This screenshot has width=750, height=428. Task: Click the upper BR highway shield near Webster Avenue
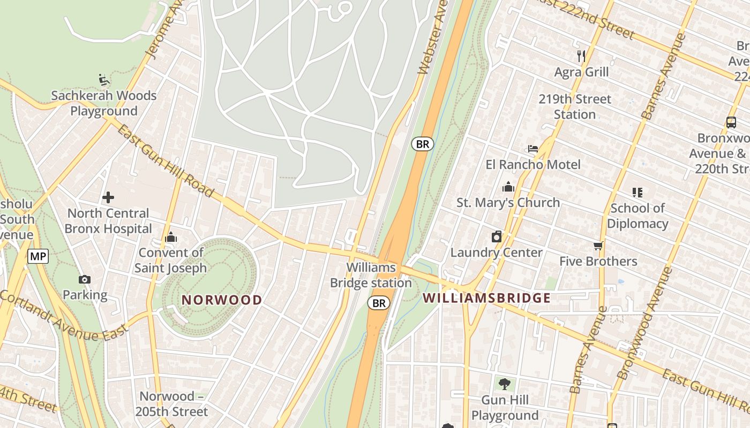[x=422, y=144]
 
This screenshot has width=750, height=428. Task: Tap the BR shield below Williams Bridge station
[x=379, y=303]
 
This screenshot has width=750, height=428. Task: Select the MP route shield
[x=38, y=256]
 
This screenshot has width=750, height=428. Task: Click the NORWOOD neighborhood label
[x=222, y=300]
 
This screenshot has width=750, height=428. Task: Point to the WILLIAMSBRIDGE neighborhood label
[x=487, y=298]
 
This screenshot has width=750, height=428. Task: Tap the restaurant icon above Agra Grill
[x=581, y=56]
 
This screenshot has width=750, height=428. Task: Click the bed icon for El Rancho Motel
[x=532, y=148]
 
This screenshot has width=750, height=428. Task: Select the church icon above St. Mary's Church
[x=508, y=187]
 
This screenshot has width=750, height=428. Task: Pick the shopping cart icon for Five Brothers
[x=598, y=246]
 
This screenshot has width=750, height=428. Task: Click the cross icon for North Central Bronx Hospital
[x=108, y=197]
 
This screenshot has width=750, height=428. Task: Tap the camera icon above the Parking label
[x=85, y=279]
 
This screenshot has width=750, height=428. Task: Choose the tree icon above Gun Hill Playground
[x=504, y=384]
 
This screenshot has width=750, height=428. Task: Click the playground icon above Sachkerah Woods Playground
[x=104, y=80]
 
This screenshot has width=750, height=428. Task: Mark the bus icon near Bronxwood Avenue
[x=731, y=122]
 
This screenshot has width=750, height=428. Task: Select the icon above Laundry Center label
[x=497, y=236]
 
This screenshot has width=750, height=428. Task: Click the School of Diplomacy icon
[x=637, y=192]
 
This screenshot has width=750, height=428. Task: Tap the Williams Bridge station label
[x=371, y=275]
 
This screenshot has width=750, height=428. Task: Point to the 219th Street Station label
[x=575, y=106]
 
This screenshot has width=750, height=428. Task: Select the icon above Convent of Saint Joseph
[x=171, y=237]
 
